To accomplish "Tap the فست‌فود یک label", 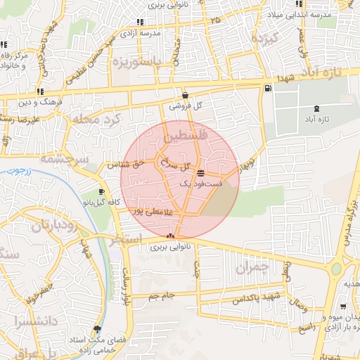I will point(200,183).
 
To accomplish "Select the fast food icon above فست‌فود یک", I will point(201,172).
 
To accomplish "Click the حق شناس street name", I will point(124,165).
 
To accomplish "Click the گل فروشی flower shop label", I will point(193,105).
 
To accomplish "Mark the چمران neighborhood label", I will point(252,268).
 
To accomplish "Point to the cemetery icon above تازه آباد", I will point(317,108).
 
